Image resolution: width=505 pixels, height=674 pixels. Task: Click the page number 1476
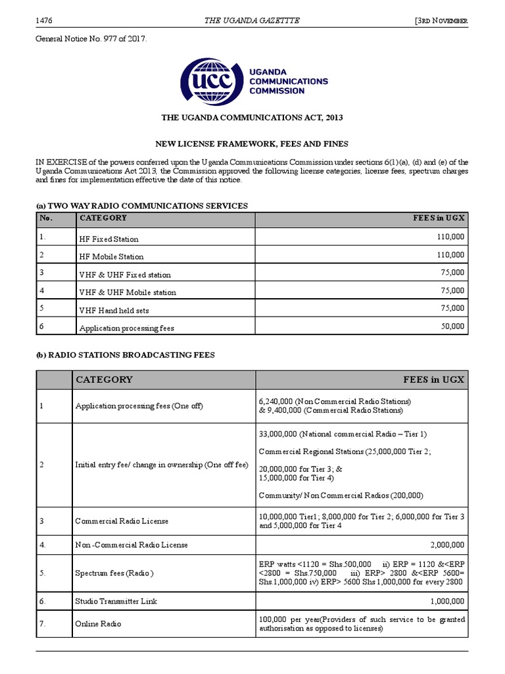pos(45,20)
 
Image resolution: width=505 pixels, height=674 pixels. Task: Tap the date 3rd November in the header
pos(441,21)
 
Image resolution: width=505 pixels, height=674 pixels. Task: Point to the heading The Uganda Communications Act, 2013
pos(252,117)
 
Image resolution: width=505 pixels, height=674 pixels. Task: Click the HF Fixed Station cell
pos(109,239)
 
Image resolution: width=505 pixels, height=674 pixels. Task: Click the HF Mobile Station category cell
pos(111,257)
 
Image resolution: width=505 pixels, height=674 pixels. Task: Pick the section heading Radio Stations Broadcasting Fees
pos(125,355)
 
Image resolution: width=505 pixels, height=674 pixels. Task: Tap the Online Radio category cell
pos(99,623)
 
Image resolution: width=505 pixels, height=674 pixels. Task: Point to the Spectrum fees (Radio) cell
pos(114,573)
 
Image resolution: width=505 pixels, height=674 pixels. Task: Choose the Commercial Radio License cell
pos(122,521)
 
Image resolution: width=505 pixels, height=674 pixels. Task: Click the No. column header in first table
pos(45,218)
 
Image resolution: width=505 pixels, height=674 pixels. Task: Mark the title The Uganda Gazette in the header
pos(252,20)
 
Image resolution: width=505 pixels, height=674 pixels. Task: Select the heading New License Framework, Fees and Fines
pos(252,143)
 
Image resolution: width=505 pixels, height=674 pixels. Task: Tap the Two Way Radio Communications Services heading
pos(141,205)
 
